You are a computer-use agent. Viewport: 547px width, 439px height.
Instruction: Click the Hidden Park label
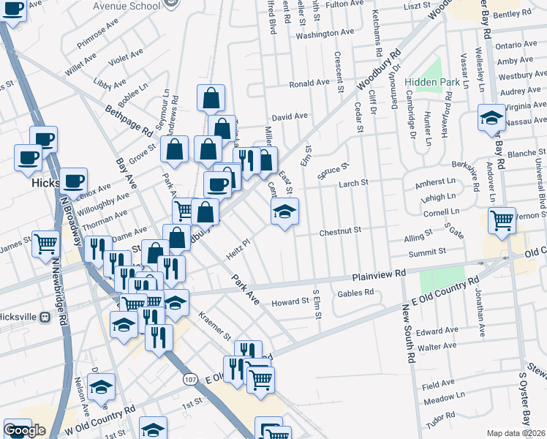pyautogui.click(x=436, y=83)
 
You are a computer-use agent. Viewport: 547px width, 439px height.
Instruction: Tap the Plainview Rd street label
pyautogui.click(x=379, y=274)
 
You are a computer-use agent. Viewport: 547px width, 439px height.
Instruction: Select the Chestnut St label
pyautogui.click(x=340, y=231)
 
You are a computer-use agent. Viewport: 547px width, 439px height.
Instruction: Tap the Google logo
pyautogui.click(x=24, y=430)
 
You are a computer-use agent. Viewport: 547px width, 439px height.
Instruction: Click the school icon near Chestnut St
pyautogui.click(x=284, y=213)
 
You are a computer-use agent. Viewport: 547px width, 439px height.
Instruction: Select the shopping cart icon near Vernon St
pyautogui.click(x=502, y=219)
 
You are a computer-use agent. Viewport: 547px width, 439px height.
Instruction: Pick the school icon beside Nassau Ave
pyautogui.click(x=491, y=119)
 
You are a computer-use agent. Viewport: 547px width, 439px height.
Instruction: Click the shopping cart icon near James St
pyautogui.click(x=45, y=243)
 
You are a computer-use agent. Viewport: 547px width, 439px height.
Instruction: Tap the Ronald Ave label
pyautogui.click(x=309, y=83)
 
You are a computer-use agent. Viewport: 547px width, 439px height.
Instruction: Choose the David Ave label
pyautogui.click(x=290, y=116)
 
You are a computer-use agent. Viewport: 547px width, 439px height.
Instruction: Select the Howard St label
pyautogui.click(x=290, y=301)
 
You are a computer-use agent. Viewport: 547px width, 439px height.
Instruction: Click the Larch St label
pyautogui.click(x=352, y=183)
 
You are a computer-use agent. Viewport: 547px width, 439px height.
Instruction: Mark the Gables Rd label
pyautogui.click(x=355, y=293)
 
